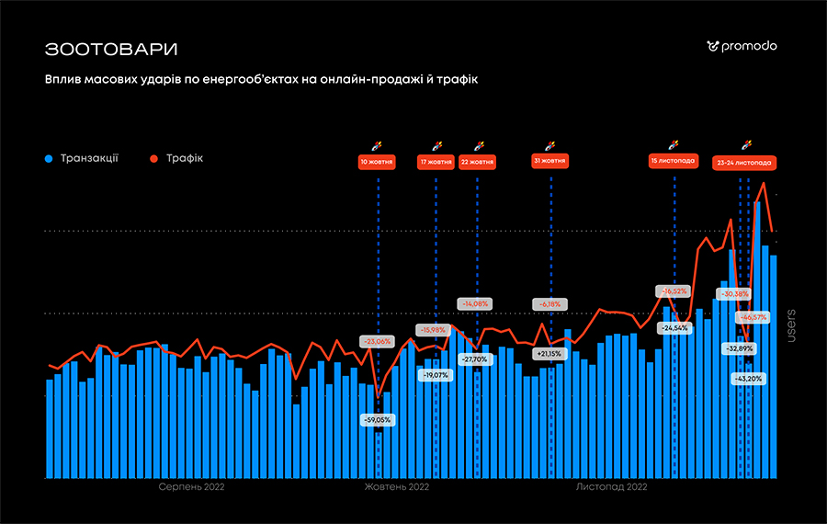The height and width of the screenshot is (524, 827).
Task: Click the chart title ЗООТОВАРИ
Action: (111, 48)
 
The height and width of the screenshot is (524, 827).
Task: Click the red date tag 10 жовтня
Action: (378, 162)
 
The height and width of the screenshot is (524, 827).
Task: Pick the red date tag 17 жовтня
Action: (436, 162)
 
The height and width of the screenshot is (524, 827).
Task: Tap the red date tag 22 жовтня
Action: (477, 162)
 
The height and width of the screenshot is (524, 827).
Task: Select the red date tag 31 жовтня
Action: (549, 162)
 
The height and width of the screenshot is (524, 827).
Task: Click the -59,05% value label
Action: (378, 419)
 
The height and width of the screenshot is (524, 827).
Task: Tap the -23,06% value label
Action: (377, 341)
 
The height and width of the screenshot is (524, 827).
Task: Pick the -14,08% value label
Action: (476, 303)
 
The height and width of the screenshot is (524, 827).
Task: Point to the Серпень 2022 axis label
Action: (191, 487)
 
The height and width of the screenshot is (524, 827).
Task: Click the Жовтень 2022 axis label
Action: (397, 487)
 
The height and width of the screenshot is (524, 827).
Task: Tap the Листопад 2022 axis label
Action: (612, 487)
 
